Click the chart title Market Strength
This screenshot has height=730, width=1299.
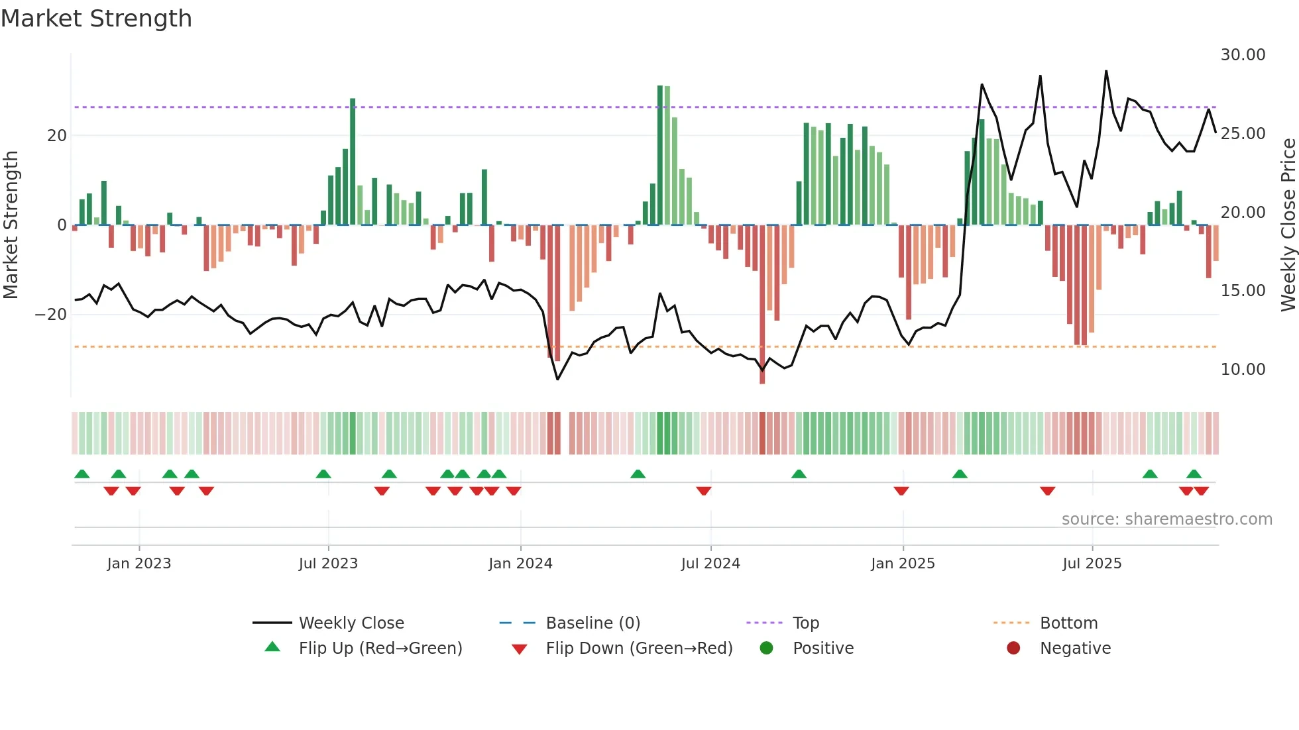96,19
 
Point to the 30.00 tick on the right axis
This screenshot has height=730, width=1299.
1243,55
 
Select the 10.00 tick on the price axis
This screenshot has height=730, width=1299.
1243,370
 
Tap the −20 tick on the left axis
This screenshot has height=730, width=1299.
51,315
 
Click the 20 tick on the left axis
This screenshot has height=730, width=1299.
57,136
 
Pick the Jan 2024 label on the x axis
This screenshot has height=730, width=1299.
520,564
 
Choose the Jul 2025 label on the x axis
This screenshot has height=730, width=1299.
1092,564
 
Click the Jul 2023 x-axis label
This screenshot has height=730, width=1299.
328,564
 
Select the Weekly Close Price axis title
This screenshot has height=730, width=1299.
1288,225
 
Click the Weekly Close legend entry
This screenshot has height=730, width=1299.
351,623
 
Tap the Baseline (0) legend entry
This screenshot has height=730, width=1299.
593,623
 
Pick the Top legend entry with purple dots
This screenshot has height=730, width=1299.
805,623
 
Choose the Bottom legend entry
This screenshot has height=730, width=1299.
1068,623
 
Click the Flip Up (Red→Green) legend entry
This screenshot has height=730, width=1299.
380,649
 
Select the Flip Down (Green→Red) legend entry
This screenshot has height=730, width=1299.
639,649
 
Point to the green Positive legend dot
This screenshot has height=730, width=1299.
767,649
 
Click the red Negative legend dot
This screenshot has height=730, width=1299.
1013,649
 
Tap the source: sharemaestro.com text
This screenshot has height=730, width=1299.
1166,519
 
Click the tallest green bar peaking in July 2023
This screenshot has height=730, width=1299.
353,162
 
